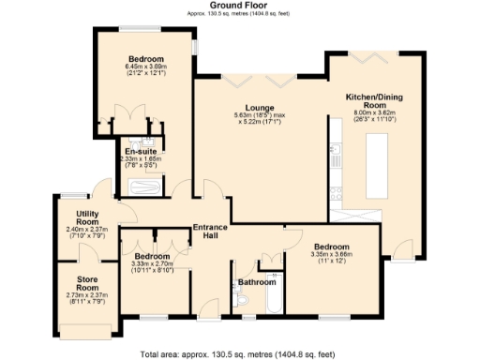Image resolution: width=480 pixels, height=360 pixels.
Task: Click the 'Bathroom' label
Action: [256, 281]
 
